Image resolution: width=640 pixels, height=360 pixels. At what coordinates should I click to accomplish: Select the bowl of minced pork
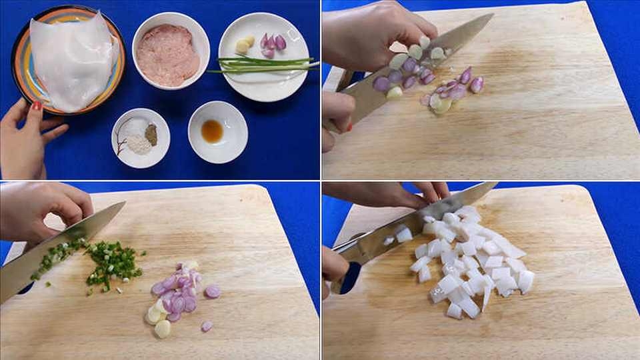(x=169, y=56)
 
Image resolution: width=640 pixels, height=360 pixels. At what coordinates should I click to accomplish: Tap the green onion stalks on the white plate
(x=267, y=65)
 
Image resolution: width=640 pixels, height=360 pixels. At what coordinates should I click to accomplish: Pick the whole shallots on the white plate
(x=273, y=44)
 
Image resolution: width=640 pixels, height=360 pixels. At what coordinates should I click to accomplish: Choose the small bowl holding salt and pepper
(x=140, y=137)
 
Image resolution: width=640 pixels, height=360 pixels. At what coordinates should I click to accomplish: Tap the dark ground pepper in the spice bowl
(x=151, y=134)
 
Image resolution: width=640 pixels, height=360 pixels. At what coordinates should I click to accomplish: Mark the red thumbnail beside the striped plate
(x=37, y=105)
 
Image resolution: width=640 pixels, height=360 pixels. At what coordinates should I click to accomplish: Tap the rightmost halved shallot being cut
(x=477, y=85)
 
